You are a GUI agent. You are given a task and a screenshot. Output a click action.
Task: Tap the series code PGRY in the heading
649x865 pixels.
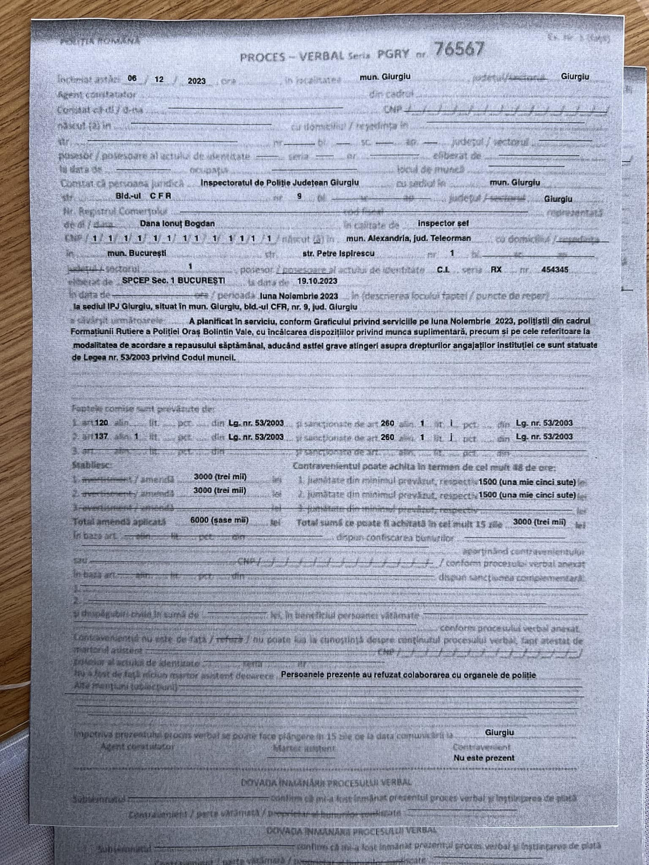[x=393, y=54]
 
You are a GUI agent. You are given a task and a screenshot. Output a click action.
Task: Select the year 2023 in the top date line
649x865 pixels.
[x=196, y=81]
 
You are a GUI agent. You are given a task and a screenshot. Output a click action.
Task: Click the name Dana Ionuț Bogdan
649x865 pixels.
[x=177, y=223]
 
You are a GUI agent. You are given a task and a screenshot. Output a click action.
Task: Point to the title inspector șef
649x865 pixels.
[x=442, y=223]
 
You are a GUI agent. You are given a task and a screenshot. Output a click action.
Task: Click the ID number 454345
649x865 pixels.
[x=555, y=269]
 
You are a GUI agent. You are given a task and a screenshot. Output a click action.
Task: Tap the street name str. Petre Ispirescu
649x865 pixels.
[x=338, y=253]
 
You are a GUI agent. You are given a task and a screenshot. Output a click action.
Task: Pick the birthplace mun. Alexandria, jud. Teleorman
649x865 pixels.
[x=408, y=238]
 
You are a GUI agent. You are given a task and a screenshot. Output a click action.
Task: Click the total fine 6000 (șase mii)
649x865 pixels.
[x=219, y=520]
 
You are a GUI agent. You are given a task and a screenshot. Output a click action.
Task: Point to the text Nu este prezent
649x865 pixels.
[x=484, y=758]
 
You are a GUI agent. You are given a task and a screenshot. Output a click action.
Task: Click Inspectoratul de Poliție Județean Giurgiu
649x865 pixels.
[x=280, y=182]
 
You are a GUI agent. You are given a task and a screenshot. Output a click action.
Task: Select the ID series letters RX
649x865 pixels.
[x=496, y=269]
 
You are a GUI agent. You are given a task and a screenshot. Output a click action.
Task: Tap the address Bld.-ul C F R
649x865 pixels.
[x=143, y=196]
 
